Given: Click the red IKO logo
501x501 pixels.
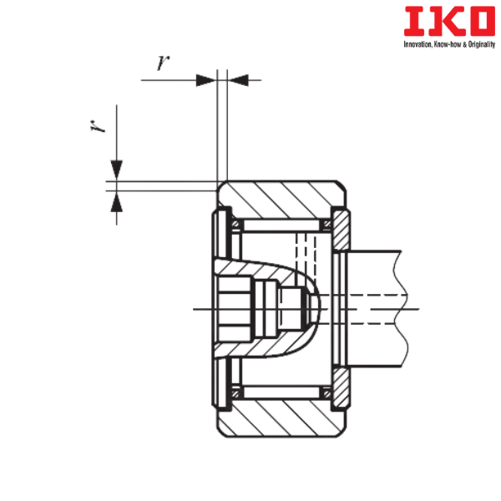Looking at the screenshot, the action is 449,21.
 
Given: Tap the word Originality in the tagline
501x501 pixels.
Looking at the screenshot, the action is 482,44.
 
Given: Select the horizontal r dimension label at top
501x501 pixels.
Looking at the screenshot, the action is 163,63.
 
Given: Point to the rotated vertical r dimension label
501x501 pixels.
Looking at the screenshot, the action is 98,126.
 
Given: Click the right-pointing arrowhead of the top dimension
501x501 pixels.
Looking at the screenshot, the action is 206,80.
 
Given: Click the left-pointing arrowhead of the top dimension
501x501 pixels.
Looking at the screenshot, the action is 238,80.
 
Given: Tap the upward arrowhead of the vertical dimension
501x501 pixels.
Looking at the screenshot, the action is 117,201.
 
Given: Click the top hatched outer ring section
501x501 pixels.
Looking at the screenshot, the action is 281,199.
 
